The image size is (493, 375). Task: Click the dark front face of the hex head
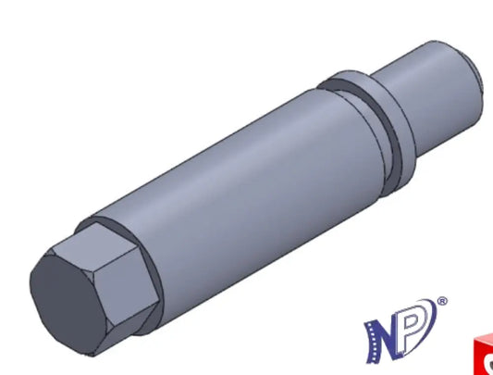(68, 304)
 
